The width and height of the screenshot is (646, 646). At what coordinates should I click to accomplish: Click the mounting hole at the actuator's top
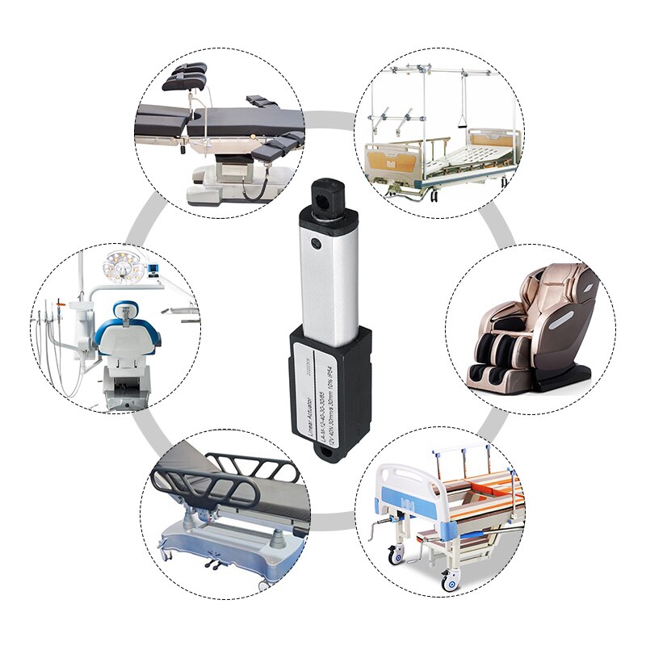[x=328, y=190]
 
